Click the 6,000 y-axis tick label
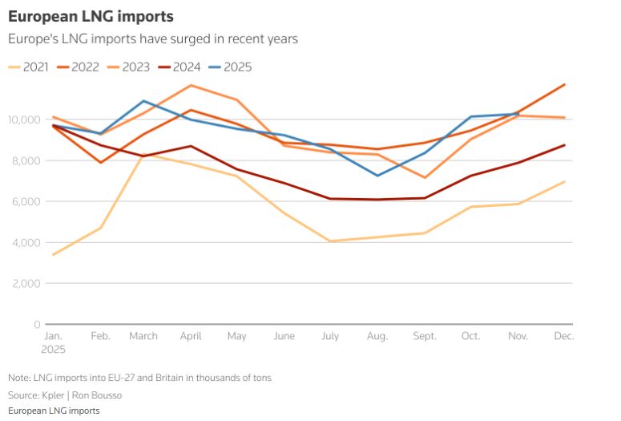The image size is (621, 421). coord(26,201)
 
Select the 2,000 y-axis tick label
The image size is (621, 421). coord(26,283)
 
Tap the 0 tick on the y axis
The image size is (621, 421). coord(37,324)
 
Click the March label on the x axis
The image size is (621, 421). coord(143,336)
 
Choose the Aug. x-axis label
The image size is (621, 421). coord(377,336)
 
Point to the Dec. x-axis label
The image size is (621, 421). coord(564,336)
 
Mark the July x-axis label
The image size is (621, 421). coord(331,336)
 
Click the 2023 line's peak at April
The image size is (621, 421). coord(191,85)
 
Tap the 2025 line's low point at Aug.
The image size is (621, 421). coord(377,176)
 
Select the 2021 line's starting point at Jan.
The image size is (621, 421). coord(53,255)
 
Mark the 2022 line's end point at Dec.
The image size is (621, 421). coord(565,84)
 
